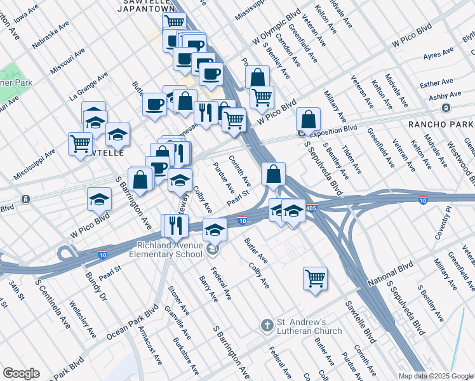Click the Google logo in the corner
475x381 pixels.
(x=21, y=373)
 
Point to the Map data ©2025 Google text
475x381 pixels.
(x=436, y=376)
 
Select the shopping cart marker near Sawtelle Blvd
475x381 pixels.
(x=314, y=278)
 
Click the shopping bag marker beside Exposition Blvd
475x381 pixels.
(x=308, y=119)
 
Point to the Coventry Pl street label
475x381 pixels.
(x=443, y=231)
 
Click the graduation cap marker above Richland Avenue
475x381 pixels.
(x=215, y=229)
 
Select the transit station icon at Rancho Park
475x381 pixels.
(x=446, y=109)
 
